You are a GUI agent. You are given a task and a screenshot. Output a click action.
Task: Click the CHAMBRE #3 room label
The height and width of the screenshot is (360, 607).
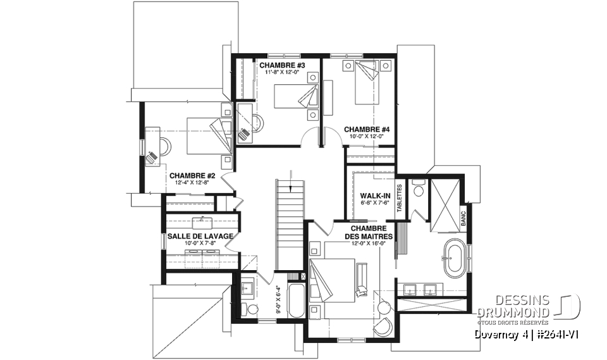pyautogui.click(x=282, y=65)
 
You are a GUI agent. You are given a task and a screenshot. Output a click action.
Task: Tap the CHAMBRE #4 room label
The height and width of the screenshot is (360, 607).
pyautogui.click(x=367, y=129)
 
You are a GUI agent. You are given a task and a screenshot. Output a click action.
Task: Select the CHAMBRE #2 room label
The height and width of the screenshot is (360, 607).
pyautogui.click(x=193, y=176)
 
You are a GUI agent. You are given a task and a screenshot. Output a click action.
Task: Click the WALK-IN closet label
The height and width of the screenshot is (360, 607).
pyautogui.click(x=373, y=196)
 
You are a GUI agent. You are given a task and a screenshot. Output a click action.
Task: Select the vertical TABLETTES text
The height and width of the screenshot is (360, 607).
pyautogui.click(x=399, y=197)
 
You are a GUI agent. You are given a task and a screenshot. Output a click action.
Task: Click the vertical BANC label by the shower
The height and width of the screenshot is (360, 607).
pyautogui.click(x=463, y=218)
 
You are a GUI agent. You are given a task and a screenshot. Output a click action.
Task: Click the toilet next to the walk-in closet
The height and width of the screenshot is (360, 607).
pyautogui.click(x=417, y=190)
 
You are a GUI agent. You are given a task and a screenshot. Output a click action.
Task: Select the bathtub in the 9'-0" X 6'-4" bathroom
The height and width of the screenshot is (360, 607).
pyautogui.click(x=296, y=302)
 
